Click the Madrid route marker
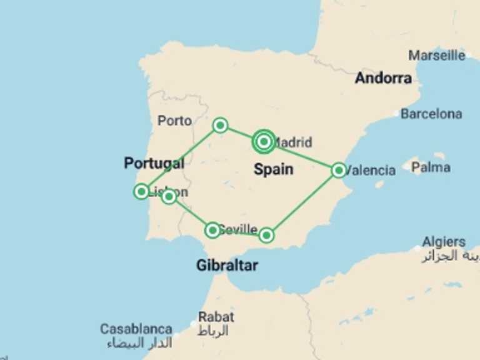click(264, 142)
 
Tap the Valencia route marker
click(338, 169)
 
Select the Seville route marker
click(212, 230)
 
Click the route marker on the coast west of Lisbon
click(141, 191)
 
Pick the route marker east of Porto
click(220, 125)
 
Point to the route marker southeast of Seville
click(266, 235)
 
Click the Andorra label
click(383, 78)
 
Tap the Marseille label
click(437, 55)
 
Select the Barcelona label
click(431, 114)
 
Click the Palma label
click(431, 167)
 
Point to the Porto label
click(174, 121)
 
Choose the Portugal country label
click(154, 163)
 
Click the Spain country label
click(273, 169)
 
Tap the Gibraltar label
click(227, 265)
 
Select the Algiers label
click(443, 242)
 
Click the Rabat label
click(216, 317)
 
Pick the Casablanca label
click(136, 329)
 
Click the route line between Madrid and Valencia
click(301, 156)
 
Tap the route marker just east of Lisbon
click(169, 197)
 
